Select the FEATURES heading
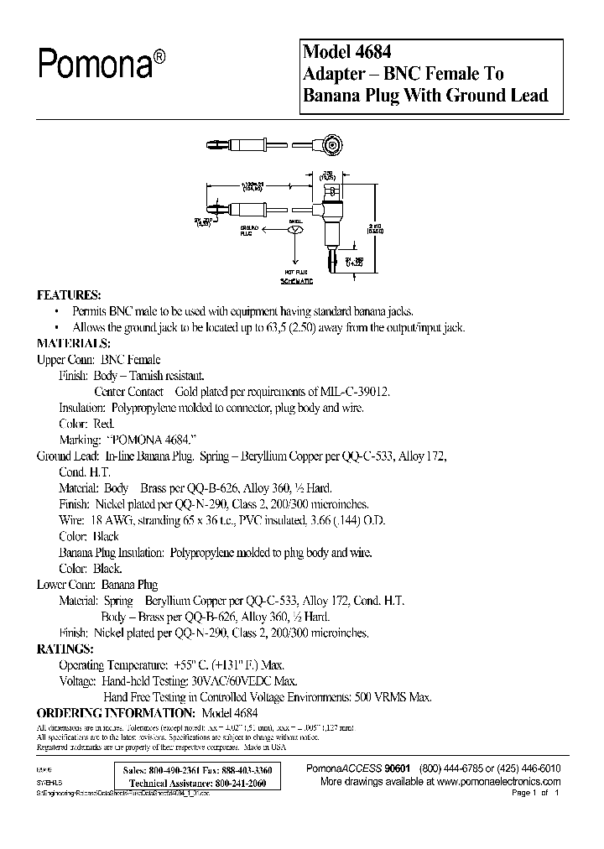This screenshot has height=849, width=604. (x=68, y=296)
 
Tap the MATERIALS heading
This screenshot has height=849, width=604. (x=73, y=344)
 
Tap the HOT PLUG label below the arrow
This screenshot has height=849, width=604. (x=294, y=273)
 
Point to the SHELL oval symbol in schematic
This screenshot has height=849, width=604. (x=294, y=229)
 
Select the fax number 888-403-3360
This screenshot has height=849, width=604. (x=247, y=769)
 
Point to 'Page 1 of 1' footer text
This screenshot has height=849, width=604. (x=534, y=792)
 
